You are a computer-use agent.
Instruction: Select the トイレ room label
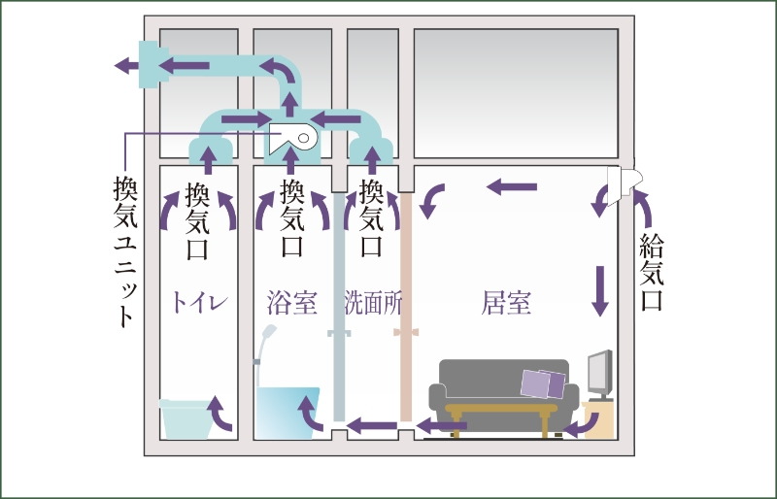coord(199,302)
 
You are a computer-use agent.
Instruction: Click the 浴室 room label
coord(291,302)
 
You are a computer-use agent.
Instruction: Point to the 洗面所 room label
coord(373,302)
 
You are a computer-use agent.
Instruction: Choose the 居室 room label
coord(506,302)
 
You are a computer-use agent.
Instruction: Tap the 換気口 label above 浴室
coord(291,219)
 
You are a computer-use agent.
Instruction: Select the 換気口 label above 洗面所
coord(372,219)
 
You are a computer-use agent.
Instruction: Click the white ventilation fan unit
coord(295,138)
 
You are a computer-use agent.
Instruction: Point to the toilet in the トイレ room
coord(185,418)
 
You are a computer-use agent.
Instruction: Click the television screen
coord(599,372)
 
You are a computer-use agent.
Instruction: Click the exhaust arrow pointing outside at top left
coord(125,65)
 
